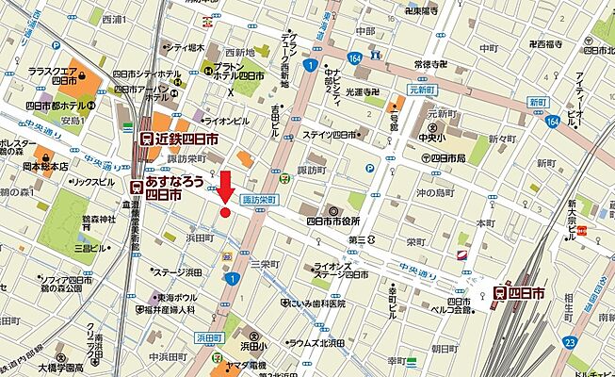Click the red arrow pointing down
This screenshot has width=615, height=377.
[x=226, y=186]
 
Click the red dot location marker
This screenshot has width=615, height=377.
[x=225, y=212]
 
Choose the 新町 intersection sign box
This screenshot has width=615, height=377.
[x=537, y=101]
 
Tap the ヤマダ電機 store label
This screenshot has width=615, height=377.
[x=247, y=364]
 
